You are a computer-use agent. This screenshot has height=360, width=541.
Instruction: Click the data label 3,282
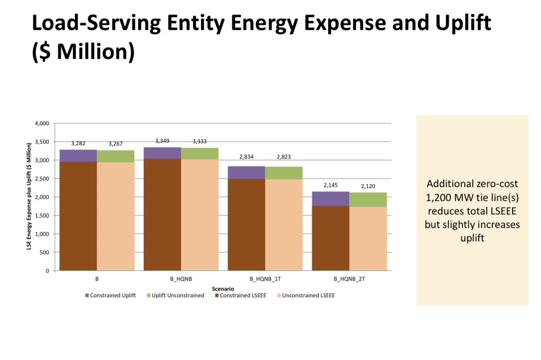78,144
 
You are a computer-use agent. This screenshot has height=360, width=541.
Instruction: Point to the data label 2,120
368,186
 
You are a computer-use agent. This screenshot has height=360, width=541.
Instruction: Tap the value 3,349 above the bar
163,141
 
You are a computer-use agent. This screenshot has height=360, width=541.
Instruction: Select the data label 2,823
284,157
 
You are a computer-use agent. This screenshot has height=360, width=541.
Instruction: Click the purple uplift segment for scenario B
78,156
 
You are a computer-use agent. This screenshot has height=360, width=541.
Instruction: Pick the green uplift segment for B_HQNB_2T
368,199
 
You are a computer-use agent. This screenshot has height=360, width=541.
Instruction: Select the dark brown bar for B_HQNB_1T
246,224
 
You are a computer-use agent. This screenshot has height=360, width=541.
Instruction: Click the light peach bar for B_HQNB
199,214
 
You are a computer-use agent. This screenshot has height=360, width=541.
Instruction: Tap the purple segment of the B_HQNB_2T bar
331,198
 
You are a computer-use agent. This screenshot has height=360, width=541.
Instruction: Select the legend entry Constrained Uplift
113,295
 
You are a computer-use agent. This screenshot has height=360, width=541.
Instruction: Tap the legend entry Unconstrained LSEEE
307,295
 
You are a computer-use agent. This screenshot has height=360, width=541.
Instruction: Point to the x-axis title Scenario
223,288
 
